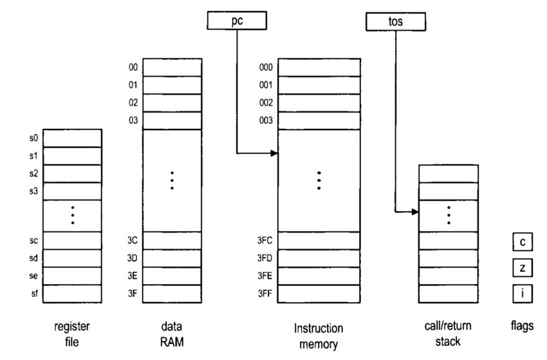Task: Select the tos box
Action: (396, 22)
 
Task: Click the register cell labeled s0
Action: (72, 138)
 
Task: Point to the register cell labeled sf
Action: (72, 293)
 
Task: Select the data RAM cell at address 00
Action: (172, 67)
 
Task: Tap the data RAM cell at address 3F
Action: (172, 293)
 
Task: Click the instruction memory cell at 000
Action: (319, 67)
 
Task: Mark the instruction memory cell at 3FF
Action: (319, 293)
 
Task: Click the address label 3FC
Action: (264, 240)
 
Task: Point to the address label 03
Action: (134, 120)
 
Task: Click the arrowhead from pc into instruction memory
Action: (275, 153)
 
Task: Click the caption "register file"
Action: (72, 334)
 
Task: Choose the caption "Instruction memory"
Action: (319, 336)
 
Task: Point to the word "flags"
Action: (523, 327)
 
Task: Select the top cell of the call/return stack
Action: (449, 173)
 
